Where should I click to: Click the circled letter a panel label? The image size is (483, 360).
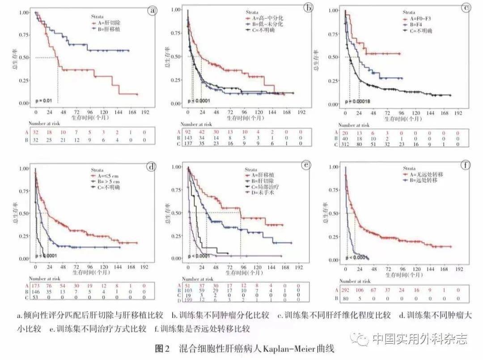pyautogui.click(x=153, y=10)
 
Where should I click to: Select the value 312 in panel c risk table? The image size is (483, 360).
pyautogui.click(x=345, y=144)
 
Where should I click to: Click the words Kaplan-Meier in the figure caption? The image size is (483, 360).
pyautogui.click(x=293, y=348)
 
